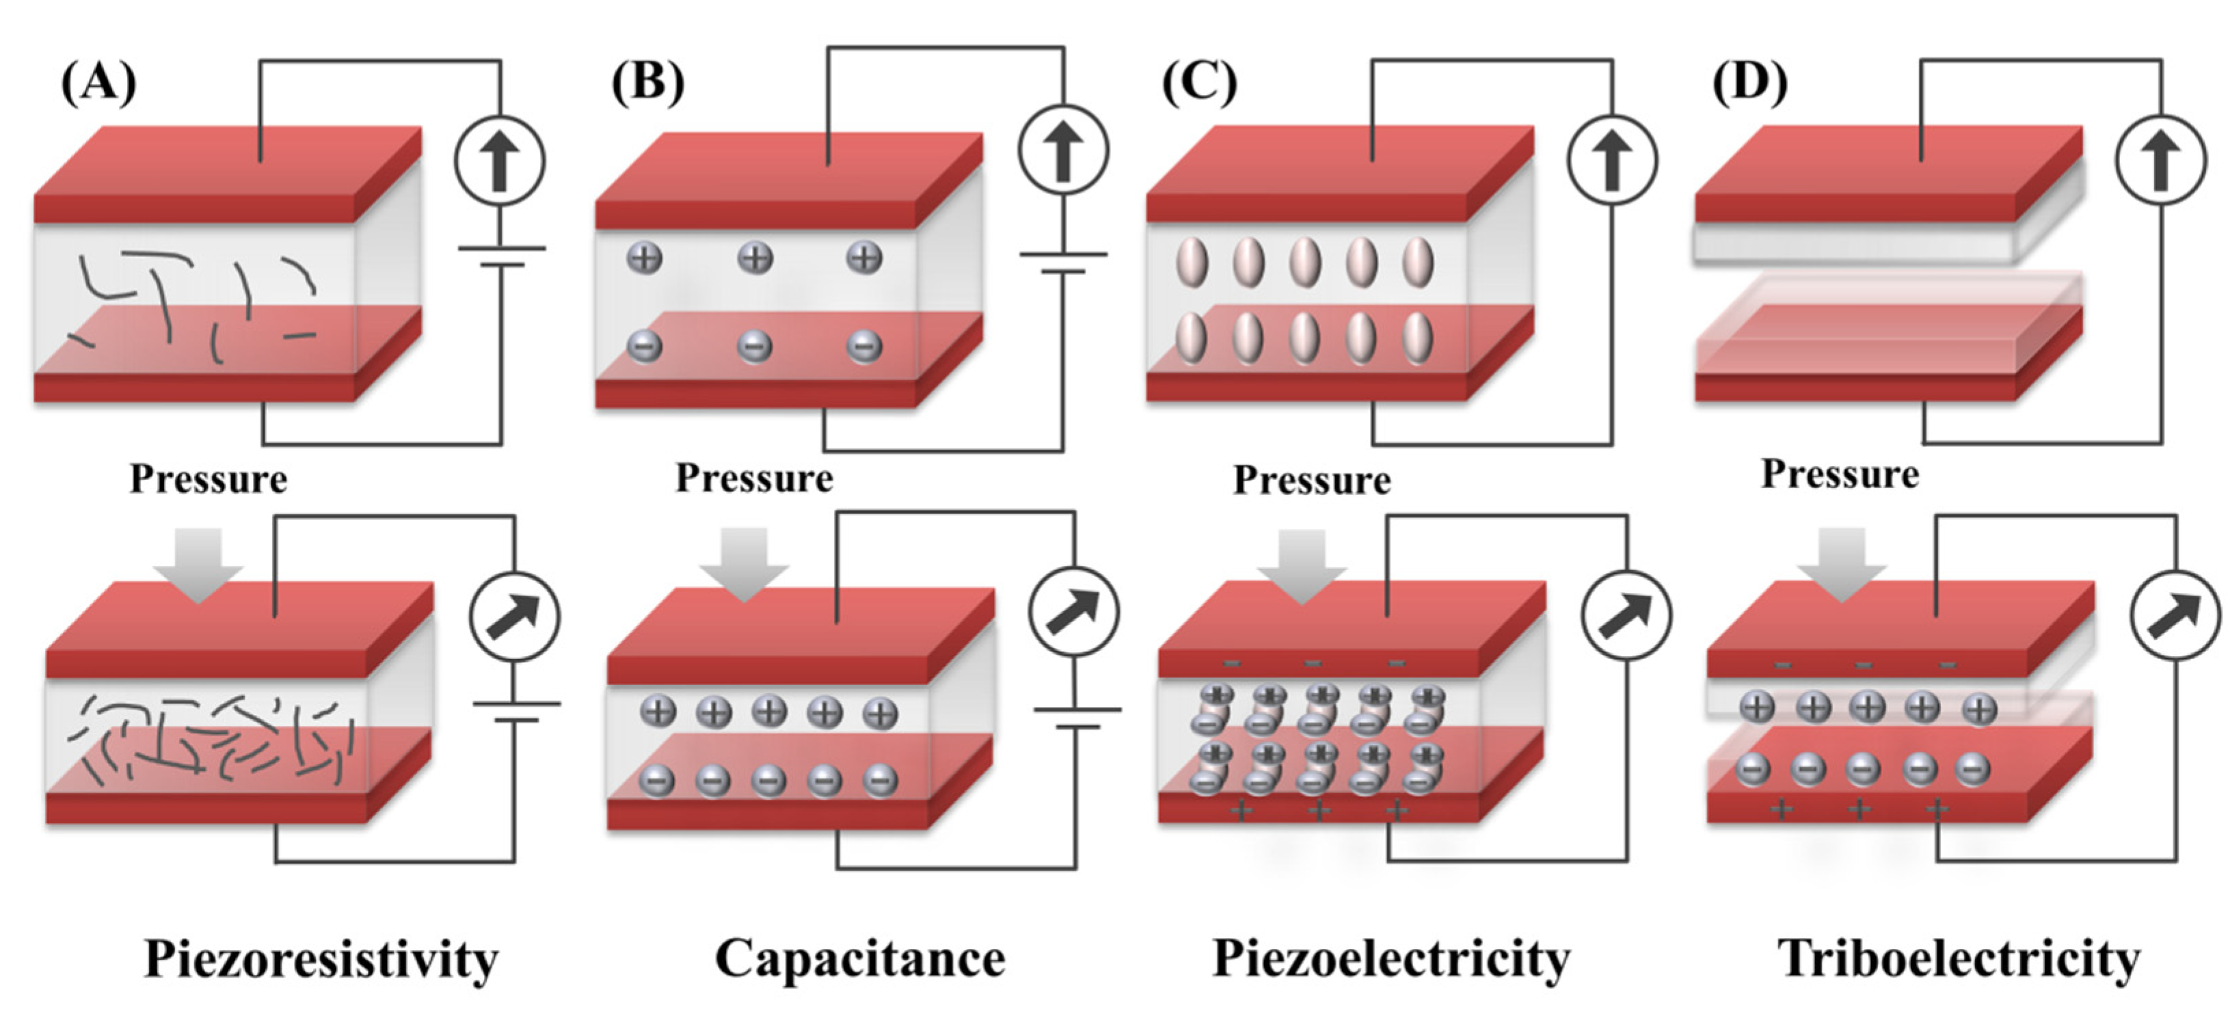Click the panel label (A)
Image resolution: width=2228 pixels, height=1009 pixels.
(98, 84)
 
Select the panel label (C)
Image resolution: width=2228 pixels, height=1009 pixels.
(1198, 84)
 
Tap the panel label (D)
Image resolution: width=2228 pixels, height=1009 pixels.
(1749, 84)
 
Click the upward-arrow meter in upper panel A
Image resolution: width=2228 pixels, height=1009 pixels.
(500, 161)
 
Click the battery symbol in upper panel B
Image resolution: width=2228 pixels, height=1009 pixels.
(1063, 263)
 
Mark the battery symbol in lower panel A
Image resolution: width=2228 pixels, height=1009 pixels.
(515, 712)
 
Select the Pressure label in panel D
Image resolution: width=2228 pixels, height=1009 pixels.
(1840, 474)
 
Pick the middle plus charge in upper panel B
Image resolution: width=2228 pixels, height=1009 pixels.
(755, 258)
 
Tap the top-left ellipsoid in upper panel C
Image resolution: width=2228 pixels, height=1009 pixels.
(1192, 262)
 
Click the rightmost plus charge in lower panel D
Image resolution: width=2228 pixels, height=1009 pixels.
(1978, 709)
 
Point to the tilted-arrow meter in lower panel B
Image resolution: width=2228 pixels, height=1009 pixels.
(1073, 611)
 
